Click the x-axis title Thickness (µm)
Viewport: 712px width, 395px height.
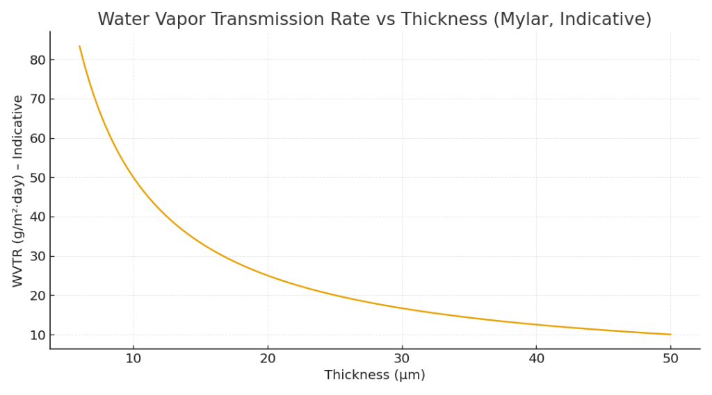[374, 375]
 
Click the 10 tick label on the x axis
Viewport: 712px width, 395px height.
[133, 358]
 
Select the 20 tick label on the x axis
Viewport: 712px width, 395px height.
[268, 358]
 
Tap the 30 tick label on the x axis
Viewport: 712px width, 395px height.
[402, 358]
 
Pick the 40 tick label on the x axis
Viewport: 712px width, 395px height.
[536, 358]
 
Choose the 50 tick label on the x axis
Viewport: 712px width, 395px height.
[670, 358]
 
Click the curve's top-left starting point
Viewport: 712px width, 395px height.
[80, 47]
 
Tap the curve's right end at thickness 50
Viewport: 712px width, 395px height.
[670, 335]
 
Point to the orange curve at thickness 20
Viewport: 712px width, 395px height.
[268, 276]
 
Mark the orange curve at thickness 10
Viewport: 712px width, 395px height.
[133, 178]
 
